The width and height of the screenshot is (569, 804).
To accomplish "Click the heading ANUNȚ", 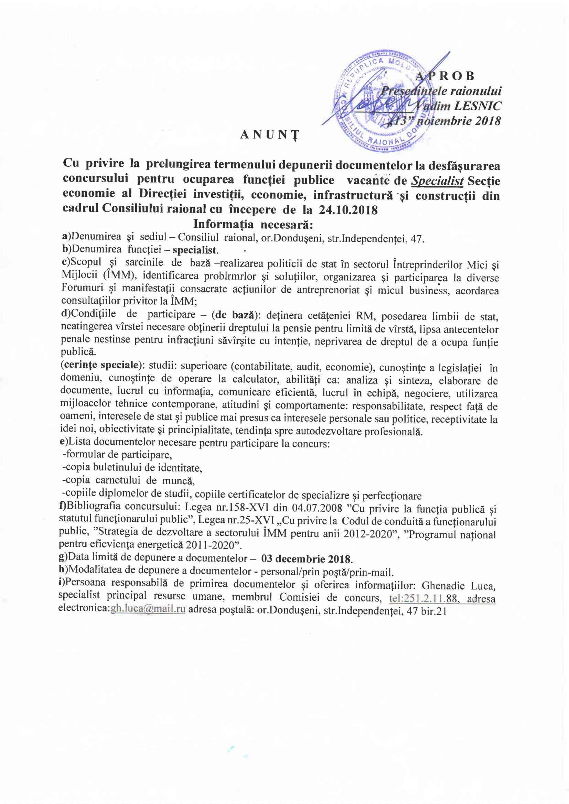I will pyautogui.click(x=270, y=134).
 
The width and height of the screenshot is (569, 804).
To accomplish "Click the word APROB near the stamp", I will pyautogui.click(x=445, y=76).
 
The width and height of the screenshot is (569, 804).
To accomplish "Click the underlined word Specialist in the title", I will pyautogui.click(x=437, y=181).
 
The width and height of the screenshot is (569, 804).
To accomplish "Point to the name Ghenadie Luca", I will pyautogui.click(x=458, y=586).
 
